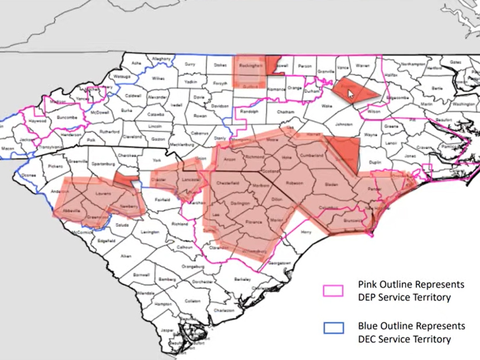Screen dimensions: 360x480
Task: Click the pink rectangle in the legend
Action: point(334,290)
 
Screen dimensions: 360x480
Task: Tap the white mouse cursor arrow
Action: point(350,91)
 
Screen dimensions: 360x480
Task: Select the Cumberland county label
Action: point(311,157)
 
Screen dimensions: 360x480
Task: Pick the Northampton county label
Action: point(413,64)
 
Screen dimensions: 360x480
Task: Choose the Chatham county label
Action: point(286,112)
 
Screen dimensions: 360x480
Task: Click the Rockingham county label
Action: point(251,66)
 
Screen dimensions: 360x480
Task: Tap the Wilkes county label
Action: point(158,78)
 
